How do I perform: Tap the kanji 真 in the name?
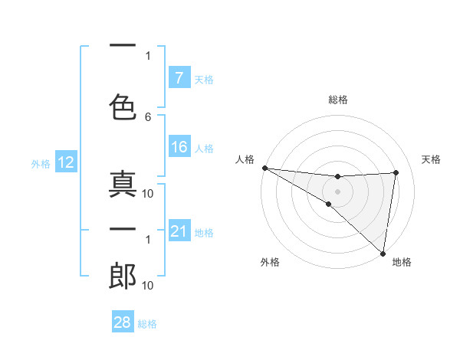(123, 186)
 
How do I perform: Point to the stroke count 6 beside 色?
(148, 116)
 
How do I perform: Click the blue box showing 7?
(179, 77)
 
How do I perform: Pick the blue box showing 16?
(179, 147)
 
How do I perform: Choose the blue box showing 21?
(179, 231)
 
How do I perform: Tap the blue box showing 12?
(65, 162)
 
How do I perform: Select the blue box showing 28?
(122, 323)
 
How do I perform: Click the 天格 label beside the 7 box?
(204, 79)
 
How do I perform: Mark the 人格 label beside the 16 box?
(204, 149)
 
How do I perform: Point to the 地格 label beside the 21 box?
(204, 233)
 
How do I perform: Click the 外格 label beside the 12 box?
(41, 164)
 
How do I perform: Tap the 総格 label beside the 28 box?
(147, 324)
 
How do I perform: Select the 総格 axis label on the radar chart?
(338, 100)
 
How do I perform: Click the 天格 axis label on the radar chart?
(431, 159)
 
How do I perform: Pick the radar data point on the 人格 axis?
(264, 168)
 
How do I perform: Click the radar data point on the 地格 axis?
(383, 252)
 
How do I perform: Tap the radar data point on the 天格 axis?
(396, 172)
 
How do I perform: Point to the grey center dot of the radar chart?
(338, 191)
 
